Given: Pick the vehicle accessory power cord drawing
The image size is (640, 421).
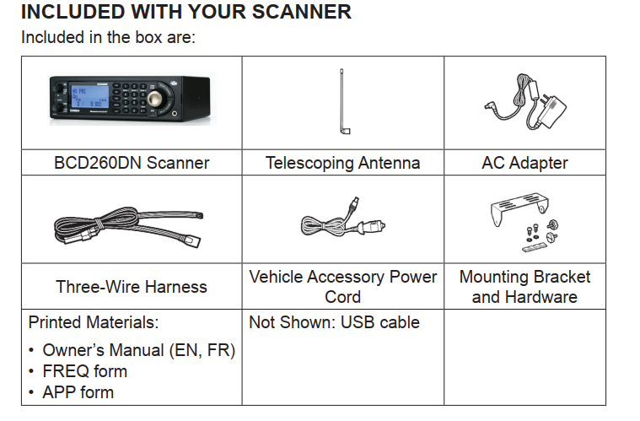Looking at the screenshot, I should [x=343, y=223].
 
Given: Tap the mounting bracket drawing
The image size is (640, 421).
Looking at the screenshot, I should [x=524, y=221].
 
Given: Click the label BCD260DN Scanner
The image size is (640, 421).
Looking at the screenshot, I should [x=132, y=163].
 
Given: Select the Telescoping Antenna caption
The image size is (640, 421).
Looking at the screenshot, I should [x=342, y=163].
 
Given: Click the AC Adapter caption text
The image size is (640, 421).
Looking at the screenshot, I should [x=524, y=163].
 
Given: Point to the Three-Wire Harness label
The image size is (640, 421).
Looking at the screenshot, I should [x=132, y=287].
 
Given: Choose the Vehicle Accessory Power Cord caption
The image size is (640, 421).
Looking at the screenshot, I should [x=343, y=287].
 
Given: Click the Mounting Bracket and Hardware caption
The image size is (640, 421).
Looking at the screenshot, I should [x=524, y=287].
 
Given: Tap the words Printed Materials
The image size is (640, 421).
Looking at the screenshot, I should [x=94, y=323].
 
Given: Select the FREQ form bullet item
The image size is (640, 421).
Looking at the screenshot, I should [x=84, y=371].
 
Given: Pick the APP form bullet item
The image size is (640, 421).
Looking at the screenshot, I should [x=78, y=392].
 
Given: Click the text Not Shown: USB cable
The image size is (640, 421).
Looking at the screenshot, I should [x=334, y=323].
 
